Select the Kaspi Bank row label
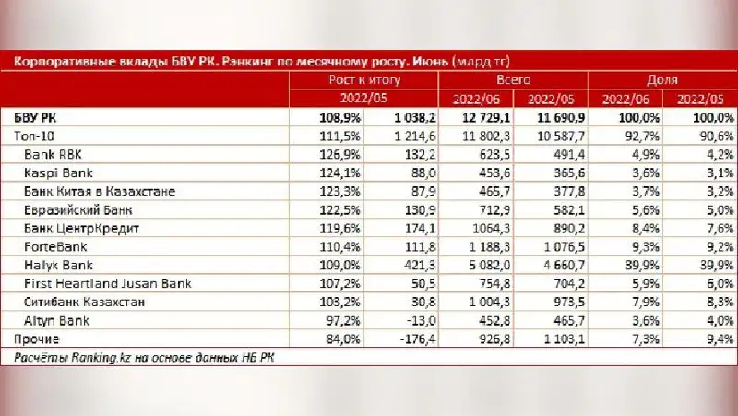click(x=56, y=172)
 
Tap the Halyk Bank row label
click(x=57, y=264)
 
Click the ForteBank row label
click(x=55, y=245)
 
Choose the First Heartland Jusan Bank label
click(x=101, y=282)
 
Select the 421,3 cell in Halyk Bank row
click(x=411, y=264)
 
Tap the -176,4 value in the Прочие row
click(x=410, y=338)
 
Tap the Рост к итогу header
click(x=365, y=81)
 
